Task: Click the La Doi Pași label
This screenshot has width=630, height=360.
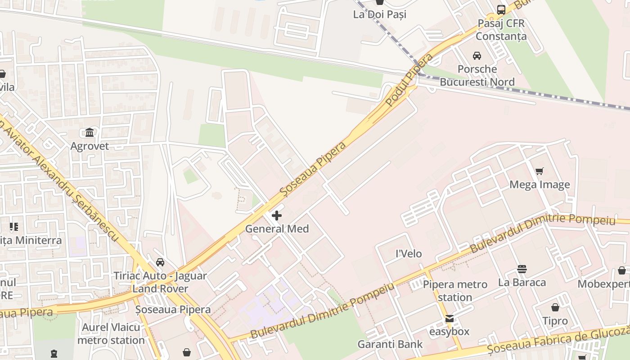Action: click(379, 14)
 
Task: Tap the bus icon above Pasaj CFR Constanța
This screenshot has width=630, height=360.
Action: click(501, 9)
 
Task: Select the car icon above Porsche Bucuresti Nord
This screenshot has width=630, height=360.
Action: click(477, 56)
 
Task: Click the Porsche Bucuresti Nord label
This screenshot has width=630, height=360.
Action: click(477, 76)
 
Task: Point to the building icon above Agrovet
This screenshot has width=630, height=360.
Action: click(90, 133)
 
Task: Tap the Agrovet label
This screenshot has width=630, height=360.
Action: click(90, 146)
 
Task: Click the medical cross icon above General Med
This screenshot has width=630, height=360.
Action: click(277, 216)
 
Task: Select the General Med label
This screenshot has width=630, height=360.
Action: click(277, 229)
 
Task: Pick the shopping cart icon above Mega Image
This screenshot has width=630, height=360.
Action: click(540, 171)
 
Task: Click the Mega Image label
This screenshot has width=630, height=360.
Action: click(540, 184)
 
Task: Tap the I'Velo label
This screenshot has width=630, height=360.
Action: click(409, 254)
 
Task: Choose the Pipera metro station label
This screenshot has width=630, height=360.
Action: click(455, 291)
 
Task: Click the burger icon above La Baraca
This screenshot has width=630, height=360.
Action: click(522, 269)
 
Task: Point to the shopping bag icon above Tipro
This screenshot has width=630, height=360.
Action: click(555, 307)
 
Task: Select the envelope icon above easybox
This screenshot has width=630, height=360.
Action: click(449, 319)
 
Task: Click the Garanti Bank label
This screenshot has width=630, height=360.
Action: click(390, 345)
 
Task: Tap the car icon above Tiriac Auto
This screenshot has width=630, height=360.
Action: click(160, 262)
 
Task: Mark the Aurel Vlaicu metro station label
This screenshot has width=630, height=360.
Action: click(111, 333)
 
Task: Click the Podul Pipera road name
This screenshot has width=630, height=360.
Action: click(409, 80)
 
